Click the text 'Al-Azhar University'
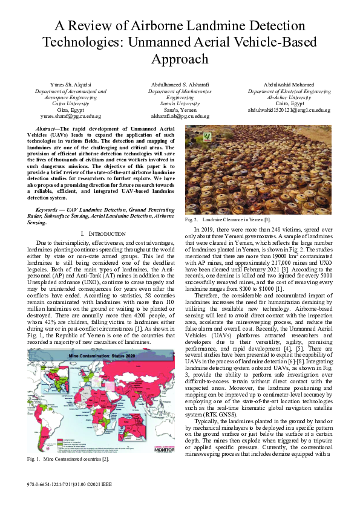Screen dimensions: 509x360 coord(289,97)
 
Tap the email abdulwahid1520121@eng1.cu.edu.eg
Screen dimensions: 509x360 coord(289,110)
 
